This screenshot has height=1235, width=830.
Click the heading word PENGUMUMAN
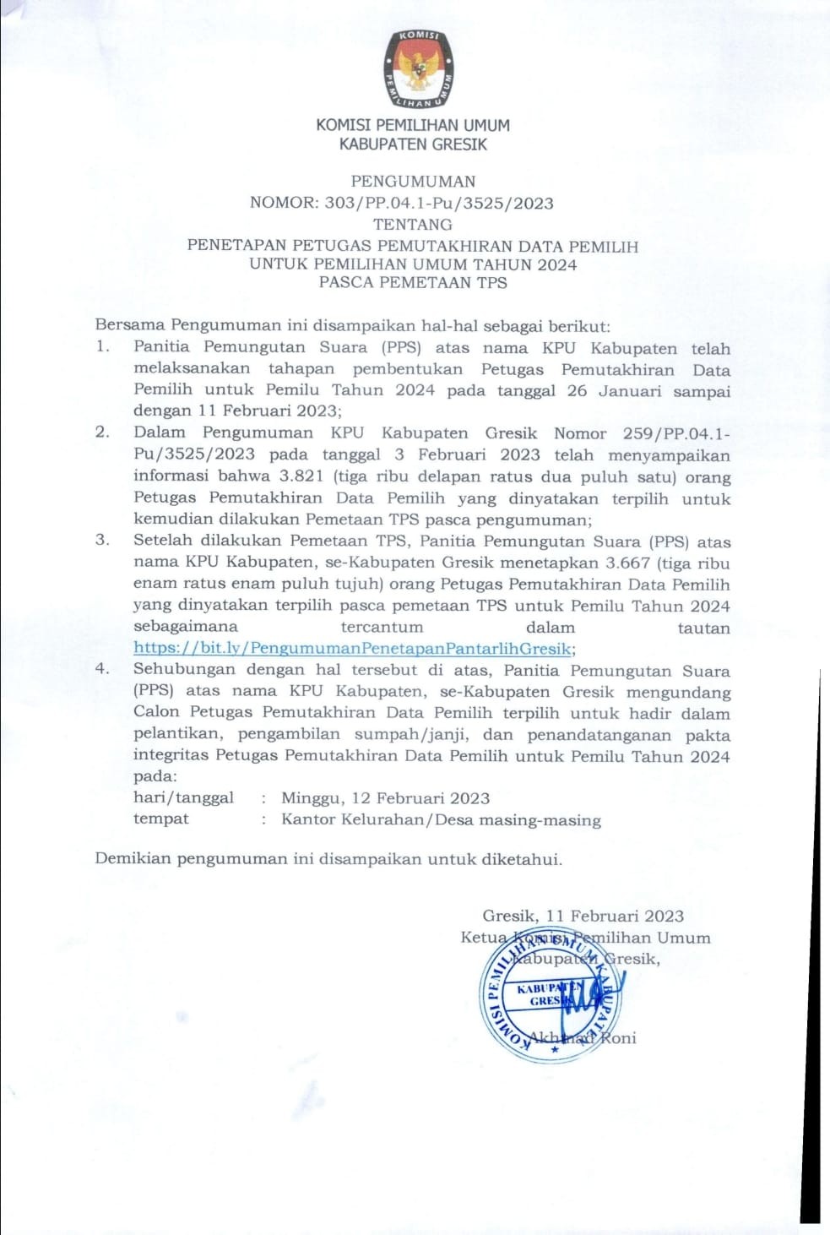413,182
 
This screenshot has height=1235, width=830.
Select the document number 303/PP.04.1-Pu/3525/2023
439,203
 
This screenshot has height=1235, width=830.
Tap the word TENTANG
413,225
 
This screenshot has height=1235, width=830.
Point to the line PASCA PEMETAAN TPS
413,283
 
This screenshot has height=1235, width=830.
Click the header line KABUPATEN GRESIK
413,144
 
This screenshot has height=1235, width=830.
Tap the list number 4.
102,669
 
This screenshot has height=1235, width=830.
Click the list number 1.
102,346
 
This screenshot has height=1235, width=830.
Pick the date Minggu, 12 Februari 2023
385,798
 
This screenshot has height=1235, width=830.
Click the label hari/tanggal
183,798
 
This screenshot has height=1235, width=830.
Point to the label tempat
161,819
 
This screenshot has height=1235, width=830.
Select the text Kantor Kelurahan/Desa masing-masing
441,819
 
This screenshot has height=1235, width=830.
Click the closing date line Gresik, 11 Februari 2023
583,917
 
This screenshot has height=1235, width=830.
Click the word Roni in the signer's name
618,1038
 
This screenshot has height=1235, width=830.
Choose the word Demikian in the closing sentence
133,859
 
